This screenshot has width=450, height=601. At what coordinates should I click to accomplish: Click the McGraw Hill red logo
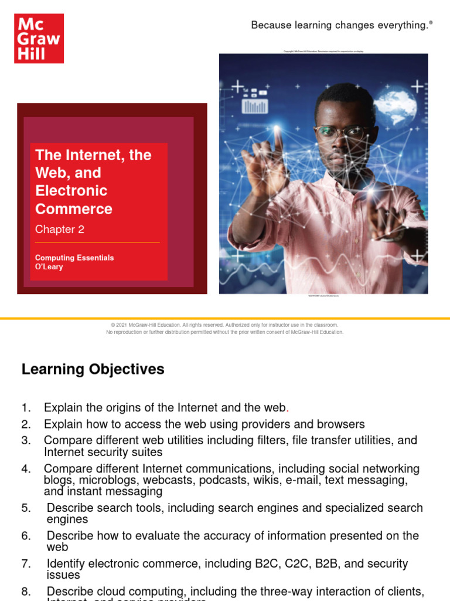pyautogui.click(x=39, y=38)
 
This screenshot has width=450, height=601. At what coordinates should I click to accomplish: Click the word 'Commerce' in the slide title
pyautogui.click(x=74, y=209)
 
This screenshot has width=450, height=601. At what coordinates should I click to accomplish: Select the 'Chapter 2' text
pyautogui.click(x=60, y=229)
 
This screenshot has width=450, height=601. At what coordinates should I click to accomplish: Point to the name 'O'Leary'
pyautogui.click(x=49, y=267)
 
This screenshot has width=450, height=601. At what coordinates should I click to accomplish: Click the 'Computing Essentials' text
pyautogui.click(x=74, y=258)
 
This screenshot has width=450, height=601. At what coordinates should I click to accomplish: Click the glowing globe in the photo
pyautogui.click(x=395, y=108)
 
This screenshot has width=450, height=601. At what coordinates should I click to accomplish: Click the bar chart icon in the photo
pyautogui.click(x=255, y=106)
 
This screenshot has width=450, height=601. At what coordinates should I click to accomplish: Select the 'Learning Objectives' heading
pyautogui.click(x=93, y=369)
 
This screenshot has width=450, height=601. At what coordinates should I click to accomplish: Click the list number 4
pyautogui.click(x=26, y=468)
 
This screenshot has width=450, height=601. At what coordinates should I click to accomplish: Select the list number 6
pyautogui.click(x=26, y=536)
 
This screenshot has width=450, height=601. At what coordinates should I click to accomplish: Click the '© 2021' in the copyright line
pyautogui.click(x=120, y=325)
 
